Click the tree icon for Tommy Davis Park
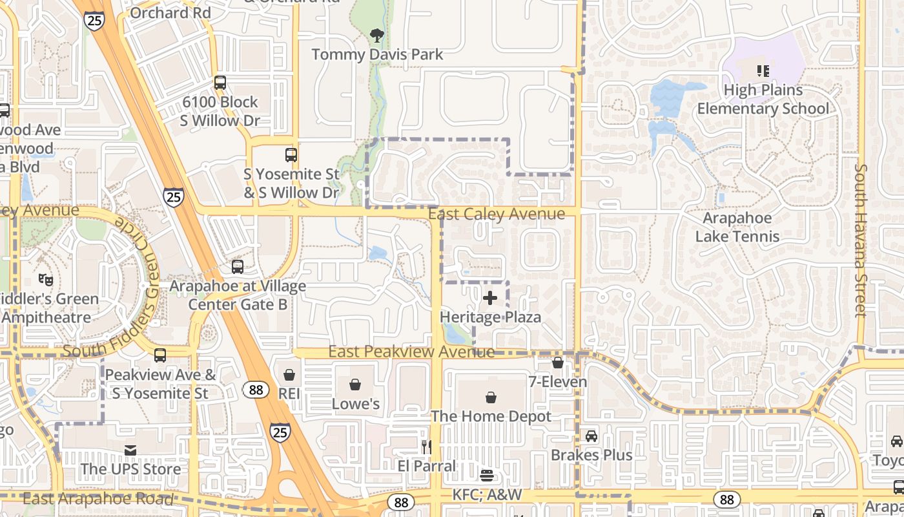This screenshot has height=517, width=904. coord(377,36)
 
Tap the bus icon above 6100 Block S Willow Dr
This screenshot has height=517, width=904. coord(220,83)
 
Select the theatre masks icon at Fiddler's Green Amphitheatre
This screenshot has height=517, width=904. coord(45,280)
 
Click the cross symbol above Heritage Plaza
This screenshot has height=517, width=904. coord(490,298)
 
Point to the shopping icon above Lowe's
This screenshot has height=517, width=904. coord(355,385)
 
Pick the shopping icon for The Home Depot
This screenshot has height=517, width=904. coord(491,397)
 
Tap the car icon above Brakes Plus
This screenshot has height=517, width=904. coord(591,436)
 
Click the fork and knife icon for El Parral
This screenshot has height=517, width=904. coord(426,447)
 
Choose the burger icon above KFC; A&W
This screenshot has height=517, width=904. coord(487,476)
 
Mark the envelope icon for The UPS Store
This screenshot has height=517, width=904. coord(130,450)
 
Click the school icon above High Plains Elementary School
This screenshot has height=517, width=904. coord(763,70)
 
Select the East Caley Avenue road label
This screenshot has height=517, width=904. coord(497,214)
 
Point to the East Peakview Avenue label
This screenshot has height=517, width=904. coord(411,352)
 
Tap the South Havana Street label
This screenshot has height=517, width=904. coord(861,240)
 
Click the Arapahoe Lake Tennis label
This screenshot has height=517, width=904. coord(737,227)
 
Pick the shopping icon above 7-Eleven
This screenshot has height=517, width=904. coord(558,363)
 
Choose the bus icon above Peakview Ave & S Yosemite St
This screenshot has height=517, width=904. coord(160,355)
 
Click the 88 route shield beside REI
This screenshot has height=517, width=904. coord(256,389)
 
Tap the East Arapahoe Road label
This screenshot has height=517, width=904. coord(98,499)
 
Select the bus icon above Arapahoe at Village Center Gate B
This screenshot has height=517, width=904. coord(238,266)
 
